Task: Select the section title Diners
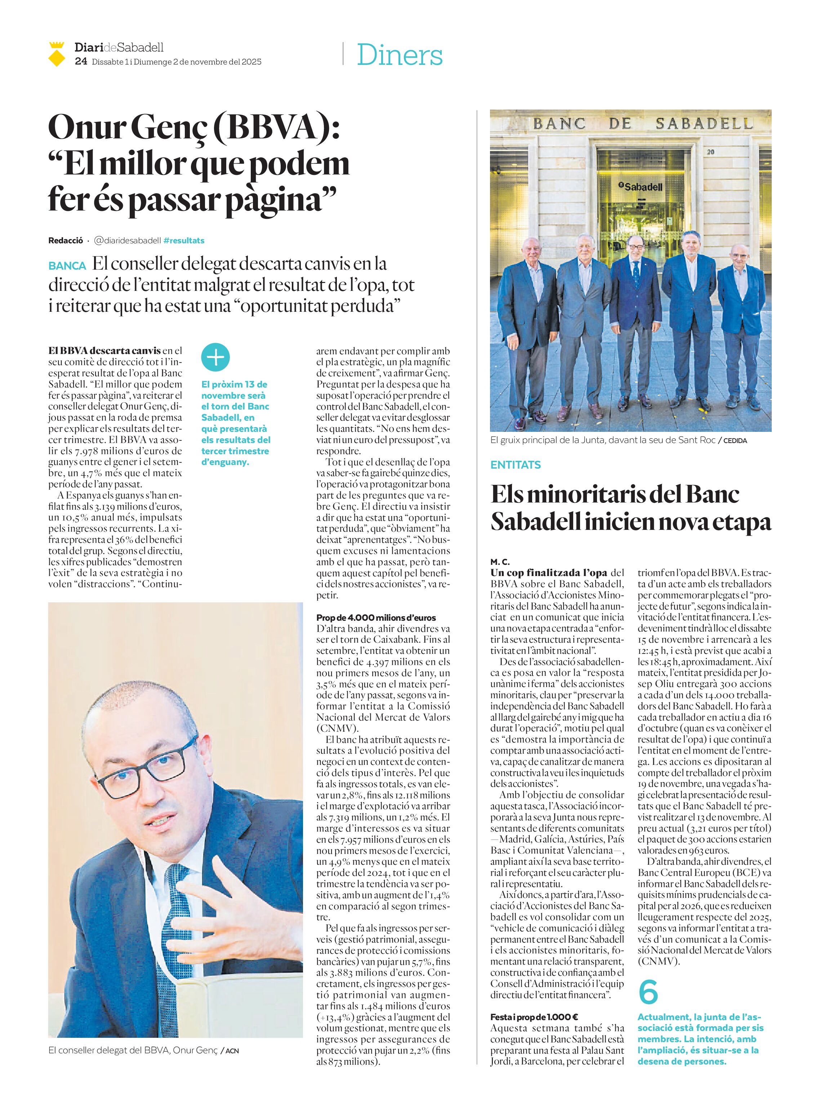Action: click(399, 55)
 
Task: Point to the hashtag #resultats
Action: click(184, 240)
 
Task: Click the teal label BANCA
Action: click(67, 266)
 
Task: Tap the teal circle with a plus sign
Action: click(215, 357)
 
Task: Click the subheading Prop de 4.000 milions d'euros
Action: click(376, 617)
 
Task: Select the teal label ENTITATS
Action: click(515, 465)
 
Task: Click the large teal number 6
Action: click(648, 992)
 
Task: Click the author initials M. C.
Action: click(500, 561)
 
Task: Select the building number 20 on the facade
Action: click(710, 152)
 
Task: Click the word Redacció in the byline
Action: click(66, 240)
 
